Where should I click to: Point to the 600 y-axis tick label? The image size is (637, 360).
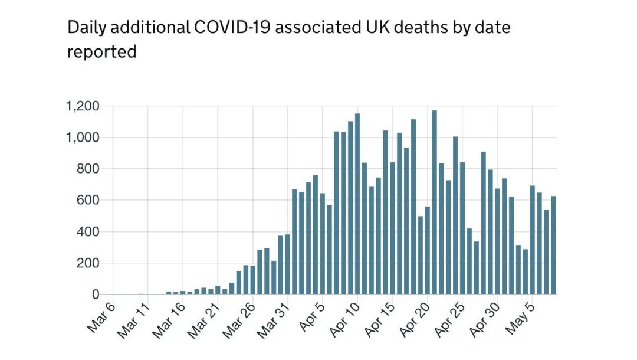[87, 201]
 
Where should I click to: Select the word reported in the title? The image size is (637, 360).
[101, 52]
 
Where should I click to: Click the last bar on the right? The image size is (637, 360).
[553, 245]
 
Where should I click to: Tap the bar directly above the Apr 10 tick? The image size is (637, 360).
[358, 204]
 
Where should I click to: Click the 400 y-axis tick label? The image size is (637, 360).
[87, 232]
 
